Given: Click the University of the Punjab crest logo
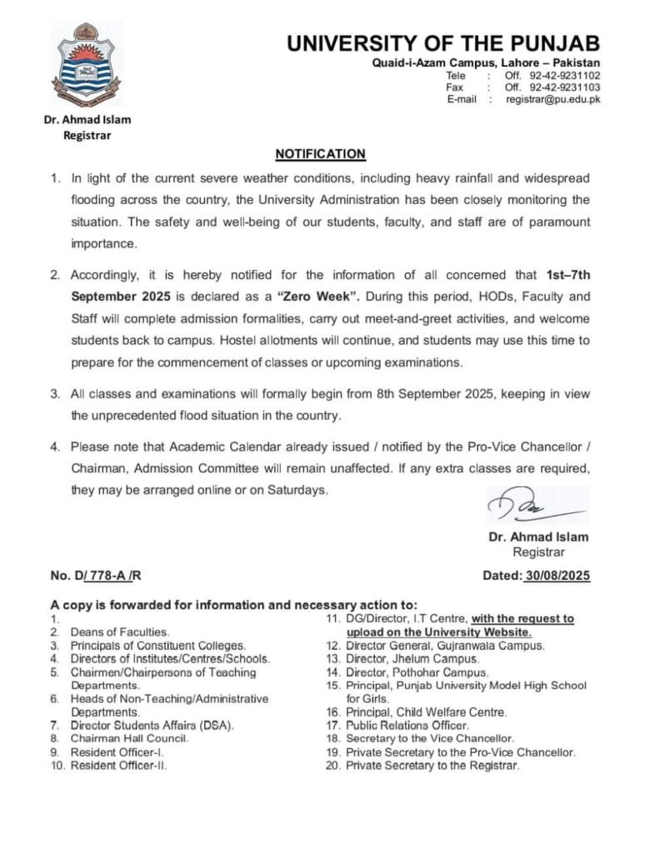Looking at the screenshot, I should [x=87, y=63].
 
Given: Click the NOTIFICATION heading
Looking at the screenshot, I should [x=320, y=154].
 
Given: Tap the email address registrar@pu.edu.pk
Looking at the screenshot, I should [x=552, y=99].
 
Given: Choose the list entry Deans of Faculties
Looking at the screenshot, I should [x=119, y=632].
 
